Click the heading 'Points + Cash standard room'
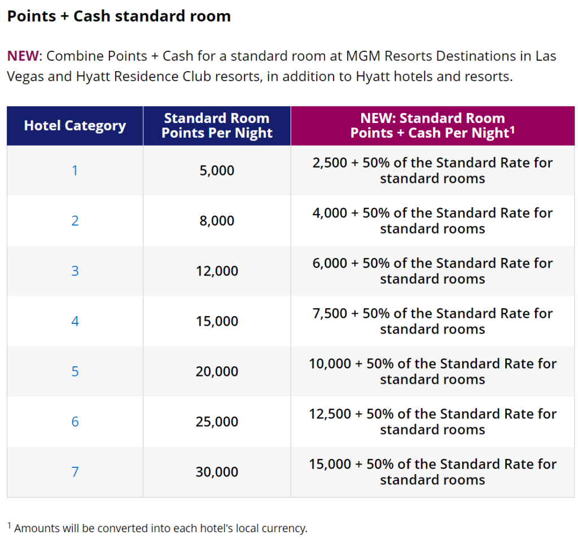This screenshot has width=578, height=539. pos(119,16)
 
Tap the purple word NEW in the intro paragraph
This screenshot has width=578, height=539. pos(23,56)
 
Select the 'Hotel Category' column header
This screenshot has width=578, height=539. pos(75,125)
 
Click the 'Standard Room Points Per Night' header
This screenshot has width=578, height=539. pos(217,126)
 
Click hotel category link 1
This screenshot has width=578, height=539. pos(75,170)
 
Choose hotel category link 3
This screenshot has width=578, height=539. pos(75,271)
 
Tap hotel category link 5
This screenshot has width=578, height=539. pos(75,371)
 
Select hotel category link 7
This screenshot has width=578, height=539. pos(75,472)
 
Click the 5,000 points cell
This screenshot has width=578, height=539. pos(217,170)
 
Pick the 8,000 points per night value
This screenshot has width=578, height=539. pos(217,221)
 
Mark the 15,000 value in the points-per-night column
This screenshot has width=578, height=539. pos(217,321)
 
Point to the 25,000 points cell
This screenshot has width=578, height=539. pos(217,422)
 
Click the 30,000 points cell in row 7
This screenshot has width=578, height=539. pos(217,472)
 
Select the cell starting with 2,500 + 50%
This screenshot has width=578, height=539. pos(432,170)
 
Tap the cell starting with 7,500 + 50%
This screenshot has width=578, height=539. pos(432,321)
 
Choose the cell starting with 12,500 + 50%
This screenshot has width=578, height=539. pos(432,422)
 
